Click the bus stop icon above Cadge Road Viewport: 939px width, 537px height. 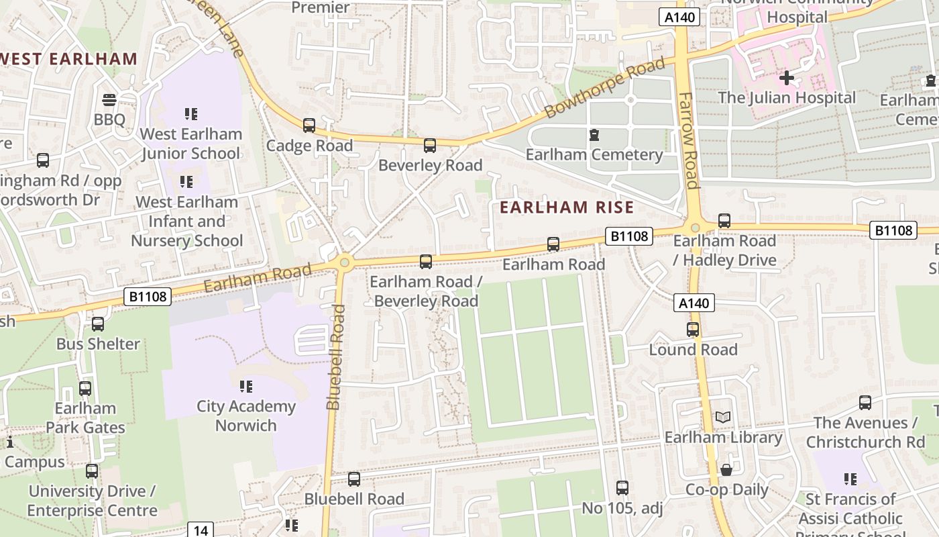click(x=309, y=125)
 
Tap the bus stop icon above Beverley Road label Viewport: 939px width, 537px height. click(x=430, y=145)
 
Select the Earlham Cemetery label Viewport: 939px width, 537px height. click(x=594, y=155)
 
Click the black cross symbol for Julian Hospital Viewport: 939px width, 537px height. click(x=787, y=78)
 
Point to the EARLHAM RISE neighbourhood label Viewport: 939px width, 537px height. click(x=567, y=207)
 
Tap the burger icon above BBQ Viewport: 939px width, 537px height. click(x=109, y=100)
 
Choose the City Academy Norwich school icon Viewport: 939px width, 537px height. click(x=246, y=386)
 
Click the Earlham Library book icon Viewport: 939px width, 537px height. click(x=722, y=418)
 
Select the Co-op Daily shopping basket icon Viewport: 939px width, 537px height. click(x=726, y=470)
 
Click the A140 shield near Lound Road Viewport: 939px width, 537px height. click(x=694, y=303)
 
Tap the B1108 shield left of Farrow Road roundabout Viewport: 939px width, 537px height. click(x=628, y=236)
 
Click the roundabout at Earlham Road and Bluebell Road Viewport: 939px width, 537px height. click(x=345, y=262)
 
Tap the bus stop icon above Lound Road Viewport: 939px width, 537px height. click(x=693, y=330)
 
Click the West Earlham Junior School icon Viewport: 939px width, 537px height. click(x=191, y=114)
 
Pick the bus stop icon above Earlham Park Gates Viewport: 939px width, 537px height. click(x=85, y=389)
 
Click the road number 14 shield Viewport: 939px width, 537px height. click(x=201, y=530)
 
